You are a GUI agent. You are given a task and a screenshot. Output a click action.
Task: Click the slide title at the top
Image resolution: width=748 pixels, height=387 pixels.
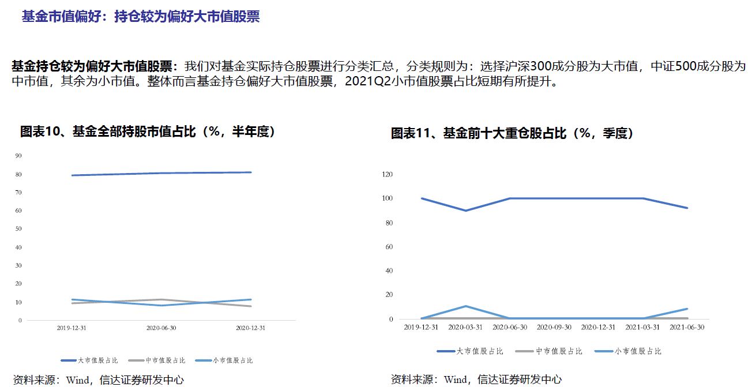point(140,17)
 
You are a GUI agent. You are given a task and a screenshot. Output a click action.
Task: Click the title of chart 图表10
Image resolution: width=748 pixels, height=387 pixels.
point(148,131)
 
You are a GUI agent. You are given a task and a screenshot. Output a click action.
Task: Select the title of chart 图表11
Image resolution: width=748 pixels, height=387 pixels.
point(512,133)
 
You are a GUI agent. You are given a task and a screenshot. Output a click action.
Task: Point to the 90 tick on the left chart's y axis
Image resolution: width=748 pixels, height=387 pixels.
point(18,156)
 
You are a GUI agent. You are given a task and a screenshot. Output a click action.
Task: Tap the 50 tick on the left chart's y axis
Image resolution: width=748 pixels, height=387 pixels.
point(18,229)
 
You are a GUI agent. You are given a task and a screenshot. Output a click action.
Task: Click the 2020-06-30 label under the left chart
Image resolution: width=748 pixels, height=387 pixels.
point(161,328)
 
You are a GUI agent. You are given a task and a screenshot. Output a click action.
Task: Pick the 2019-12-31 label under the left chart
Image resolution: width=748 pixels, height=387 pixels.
point(72,328)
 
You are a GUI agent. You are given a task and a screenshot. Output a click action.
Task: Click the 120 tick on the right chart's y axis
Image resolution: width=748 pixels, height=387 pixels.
point(388,174)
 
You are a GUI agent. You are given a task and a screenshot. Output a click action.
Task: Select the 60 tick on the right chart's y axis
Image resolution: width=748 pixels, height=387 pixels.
point(389,247)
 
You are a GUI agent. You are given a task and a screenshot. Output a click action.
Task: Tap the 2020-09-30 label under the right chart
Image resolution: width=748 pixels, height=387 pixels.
point(554,327)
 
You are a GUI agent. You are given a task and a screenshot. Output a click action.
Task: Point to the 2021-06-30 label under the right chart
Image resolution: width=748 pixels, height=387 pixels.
point(687,327)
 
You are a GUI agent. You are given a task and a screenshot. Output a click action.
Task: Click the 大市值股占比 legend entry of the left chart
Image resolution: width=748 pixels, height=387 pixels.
point(89,360)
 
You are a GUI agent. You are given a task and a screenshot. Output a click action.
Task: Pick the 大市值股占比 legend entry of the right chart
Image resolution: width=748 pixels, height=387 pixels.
point(470,351)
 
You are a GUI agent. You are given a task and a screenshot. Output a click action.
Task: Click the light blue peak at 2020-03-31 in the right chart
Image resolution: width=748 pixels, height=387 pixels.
point(466,306)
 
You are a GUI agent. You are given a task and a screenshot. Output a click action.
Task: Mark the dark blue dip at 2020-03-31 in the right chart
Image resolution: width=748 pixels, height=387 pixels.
point(466,211)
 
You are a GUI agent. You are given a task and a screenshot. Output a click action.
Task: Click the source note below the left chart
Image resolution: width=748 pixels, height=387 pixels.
point(98,380)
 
